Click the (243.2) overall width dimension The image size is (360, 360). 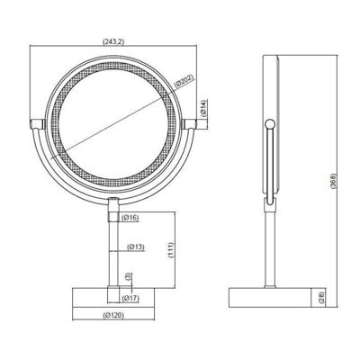click(113, 40)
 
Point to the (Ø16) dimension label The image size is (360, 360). click(131, 217)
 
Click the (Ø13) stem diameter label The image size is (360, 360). click(136, 246)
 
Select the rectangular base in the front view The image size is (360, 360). click(113, 296)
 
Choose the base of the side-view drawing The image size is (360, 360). click(269, 296)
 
